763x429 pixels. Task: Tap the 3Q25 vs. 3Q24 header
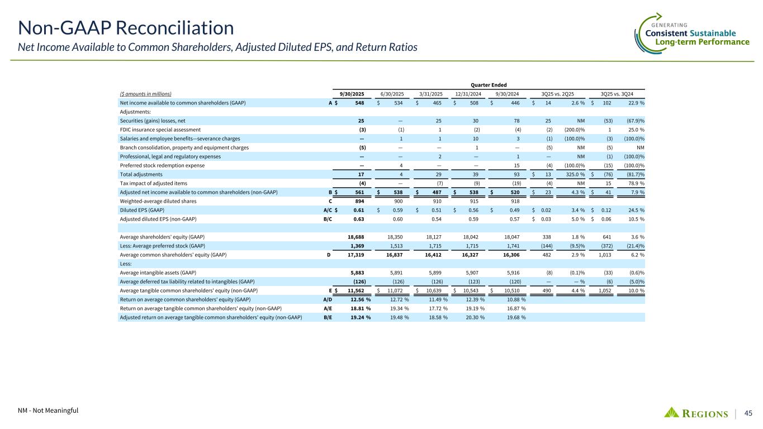pos(620,94)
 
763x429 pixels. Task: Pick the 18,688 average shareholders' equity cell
pos(360,237)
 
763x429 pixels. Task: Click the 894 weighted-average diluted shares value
pos(364,201)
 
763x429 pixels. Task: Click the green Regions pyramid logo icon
pos(672,412)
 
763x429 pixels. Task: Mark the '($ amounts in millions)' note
pos(145,94)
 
